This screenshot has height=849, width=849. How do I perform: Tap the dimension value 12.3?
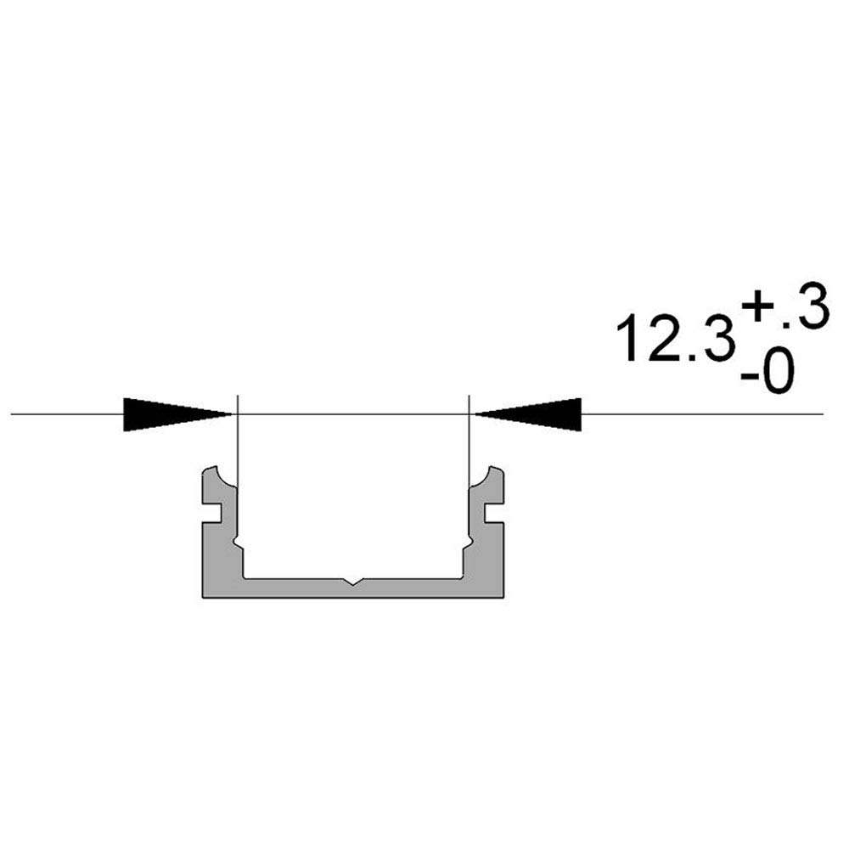pyautogui.click(x=676, y=340)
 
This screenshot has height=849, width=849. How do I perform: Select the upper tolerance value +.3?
pyautogui.click(x=784, y=306)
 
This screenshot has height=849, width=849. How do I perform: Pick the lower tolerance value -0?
pyautogui.click(x=767, y=372)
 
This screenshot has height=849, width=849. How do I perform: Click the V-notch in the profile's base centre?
pyautogui.click(x=353, y=582)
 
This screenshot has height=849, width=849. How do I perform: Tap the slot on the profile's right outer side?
pyautogui.click(x=495, y=514)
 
